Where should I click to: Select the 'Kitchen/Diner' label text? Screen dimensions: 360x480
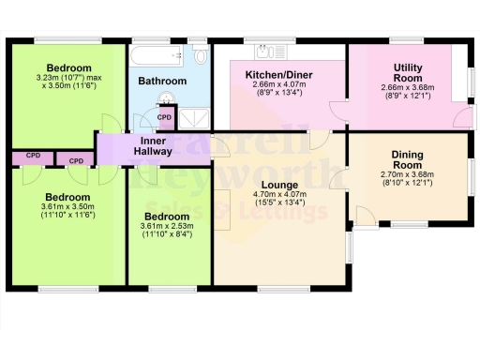pos(278,74)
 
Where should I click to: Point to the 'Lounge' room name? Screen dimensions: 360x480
pos(279,185)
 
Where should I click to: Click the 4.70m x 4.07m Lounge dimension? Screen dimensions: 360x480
pos(279,195)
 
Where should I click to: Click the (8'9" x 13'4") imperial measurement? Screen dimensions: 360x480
pos(278,93)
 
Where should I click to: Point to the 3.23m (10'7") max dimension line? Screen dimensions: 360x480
pos(69,77)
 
